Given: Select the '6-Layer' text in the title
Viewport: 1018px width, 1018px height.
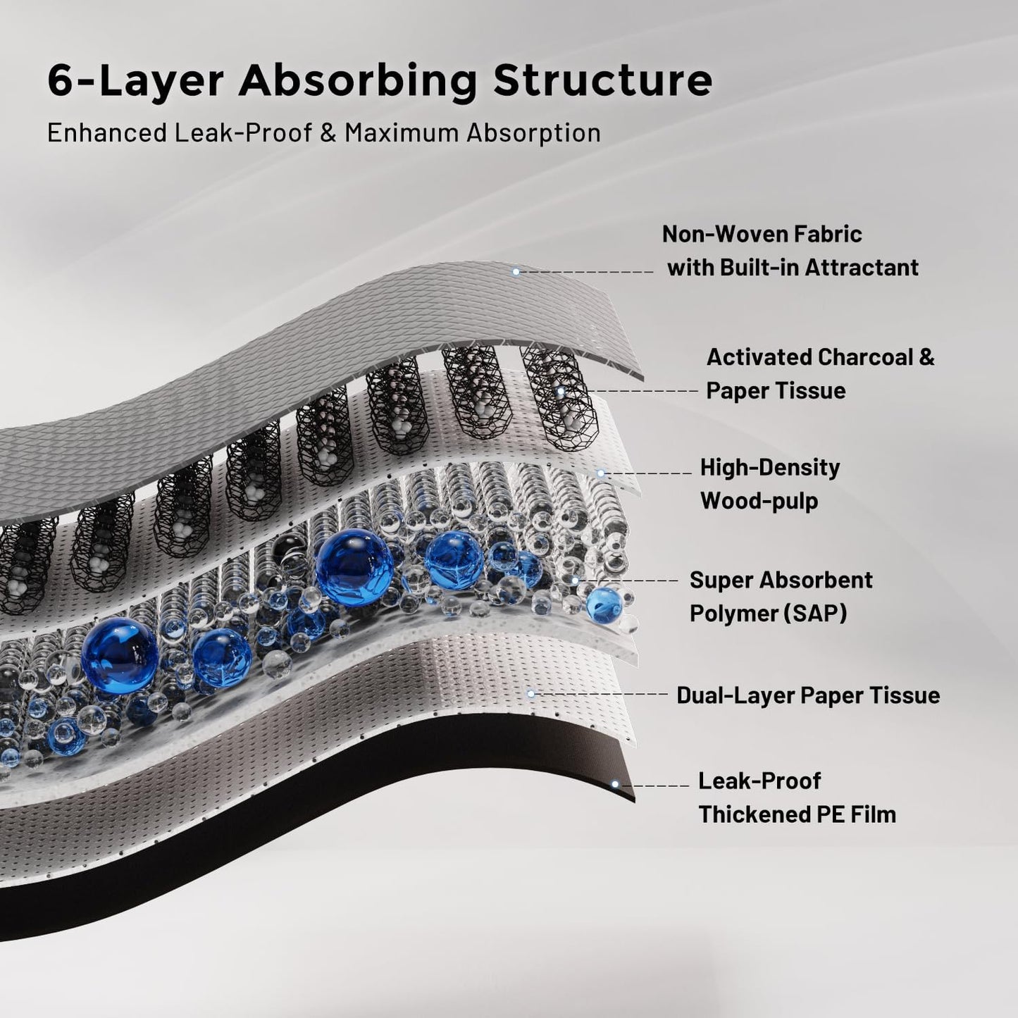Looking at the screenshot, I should coord(135,81).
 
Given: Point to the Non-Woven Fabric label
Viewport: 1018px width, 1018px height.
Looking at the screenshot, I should coord(762,234).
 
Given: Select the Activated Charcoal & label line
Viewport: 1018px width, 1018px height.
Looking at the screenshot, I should coord(820,357).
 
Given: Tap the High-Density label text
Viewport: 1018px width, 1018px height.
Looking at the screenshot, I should coord(769,467).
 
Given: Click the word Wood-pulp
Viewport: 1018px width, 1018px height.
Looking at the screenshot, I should coord(759,501).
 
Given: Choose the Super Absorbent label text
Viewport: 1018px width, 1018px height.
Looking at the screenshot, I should coord(781,580).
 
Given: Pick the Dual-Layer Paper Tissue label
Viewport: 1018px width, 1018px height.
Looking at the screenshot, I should coord(808,695).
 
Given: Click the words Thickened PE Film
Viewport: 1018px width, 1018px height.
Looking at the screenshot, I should coord(797,814).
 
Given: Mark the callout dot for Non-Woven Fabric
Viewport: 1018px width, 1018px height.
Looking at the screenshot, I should coord(516,271).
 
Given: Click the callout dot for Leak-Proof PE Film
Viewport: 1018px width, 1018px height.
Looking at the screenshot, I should coord(615,784).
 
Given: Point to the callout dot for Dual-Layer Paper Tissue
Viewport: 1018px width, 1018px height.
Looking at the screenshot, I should coord(531,694).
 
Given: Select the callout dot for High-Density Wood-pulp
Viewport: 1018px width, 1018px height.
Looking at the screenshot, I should coord(600,473).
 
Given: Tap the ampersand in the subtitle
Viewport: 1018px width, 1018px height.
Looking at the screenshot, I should coord(328,132).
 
